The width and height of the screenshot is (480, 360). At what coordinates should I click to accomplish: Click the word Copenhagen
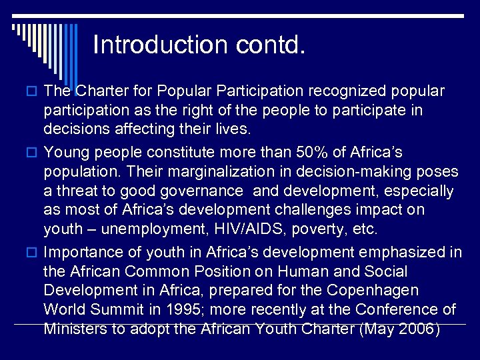[x=381, y=291]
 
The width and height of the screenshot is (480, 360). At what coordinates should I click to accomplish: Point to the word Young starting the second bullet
[x=65, y=152]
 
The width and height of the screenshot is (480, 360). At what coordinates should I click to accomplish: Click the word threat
[x=77, y=191]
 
